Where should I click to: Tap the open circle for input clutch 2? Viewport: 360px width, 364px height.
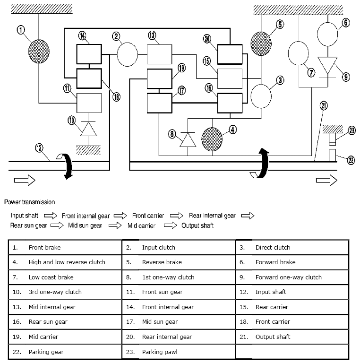[127, 55]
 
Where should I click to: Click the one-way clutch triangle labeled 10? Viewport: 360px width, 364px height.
[86, 129]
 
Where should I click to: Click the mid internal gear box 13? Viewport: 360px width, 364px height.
[160, 55]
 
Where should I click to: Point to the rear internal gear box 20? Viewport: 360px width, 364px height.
[230, 55]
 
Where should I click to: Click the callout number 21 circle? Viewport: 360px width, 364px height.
[324, 106]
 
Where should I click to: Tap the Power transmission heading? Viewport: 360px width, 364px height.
[29, 202]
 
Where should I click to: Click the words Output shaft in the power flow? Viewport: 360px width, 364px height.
[197, 225]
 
